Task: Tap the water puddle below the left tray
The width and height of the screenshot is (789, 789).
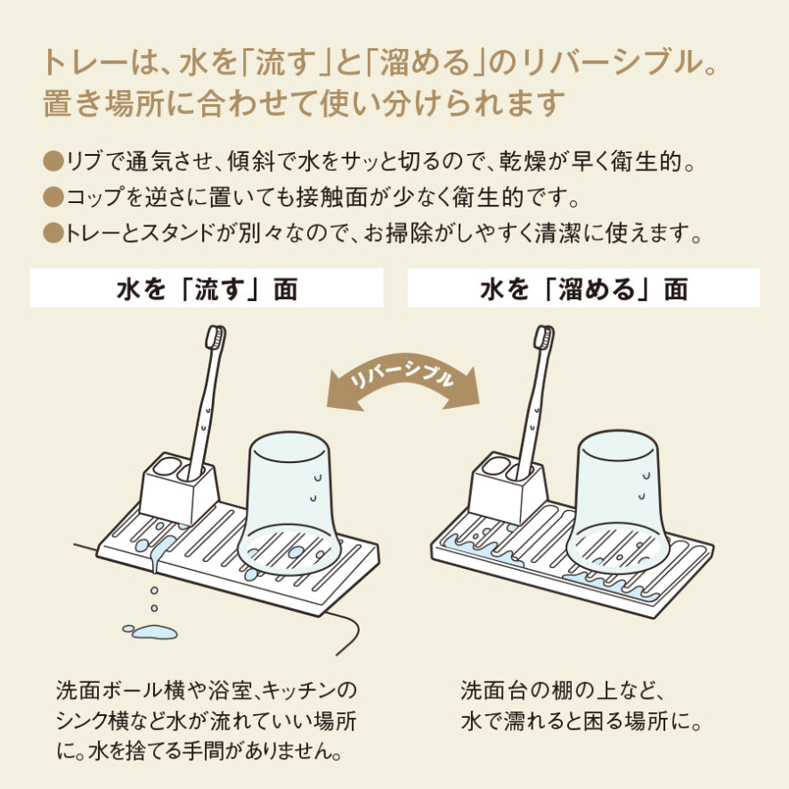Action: coord(151,631)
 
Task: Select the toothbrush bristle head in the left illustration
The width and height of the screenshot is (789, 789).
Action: coord(216,337)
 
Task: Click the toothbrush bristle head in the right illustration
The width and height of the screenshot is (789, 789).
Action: coord(544,337)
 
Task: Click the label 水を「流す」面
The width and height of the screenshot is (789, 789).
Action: coord(207,289)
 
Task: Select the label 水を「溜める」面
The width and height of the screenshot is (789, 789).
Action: coord(583,289)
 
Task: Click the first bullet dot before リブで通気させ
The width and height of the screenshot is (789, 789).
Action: coord(53,162)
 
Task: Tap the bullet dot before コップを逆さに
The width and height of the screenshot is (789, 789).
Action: coord(53,198)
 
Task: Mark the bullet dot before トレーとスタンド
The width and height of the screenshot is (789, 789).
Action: coord(53,233)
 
